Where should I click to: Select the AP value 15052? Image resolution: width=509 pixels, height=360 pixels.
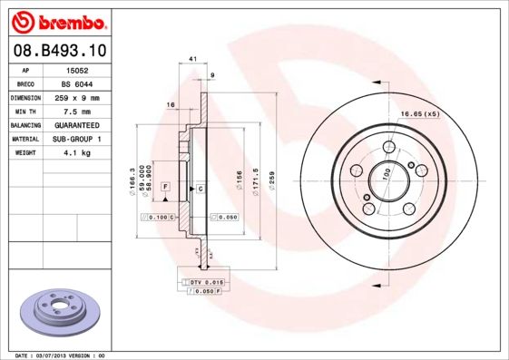81,70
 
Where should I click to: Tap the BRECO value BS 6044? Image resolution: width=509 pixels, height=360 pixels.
81,83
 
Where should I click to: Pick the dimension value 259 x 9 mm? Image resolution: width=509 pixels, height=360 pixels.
81,97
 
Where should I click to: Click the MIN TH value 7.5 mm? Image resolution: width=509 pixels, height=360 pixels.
81,111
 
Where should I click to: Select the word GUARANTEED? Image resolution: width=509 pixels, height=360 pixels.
81,124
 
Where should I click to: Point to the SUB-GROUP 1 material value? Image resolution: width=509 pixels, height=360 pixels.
81,139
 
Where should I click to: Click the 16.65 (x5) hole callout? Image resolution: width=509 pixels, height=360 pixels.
420,113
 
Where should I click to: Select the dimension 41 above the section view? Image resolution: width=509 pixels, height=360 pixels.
192,59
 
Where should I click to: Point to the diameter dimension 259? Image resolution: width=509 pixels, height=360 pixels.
271,174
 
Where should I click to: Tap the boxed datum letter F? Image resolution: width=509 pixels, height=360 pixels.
166,186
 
